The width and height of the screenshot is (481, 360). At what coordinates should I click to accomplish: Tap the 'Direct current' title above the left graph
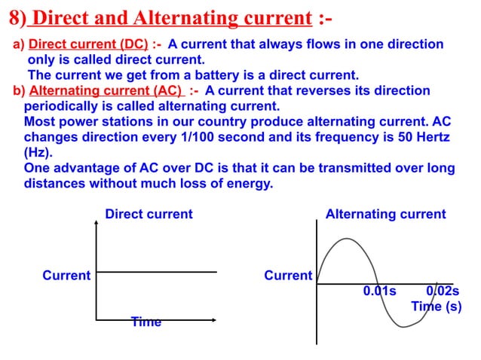coord(149,214)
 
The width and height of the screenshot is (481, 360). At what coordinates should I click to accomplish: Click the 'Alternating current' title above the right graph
coord(385,214)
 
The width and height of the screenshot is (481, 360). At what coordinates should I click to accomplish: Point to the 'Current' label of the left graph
coord(66,276)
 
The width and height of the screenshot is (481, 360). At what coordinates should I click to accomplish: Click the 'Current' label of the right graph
coord(288,276)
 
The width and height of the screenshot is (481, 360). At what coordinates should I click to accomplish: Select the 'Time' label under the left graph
coord(146,322)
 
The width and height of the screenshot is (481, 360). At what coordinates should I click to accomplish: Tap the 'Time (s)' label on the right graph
coord(435,307)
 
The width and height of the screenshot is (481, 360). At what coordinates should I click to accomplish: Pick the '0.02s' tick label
coord(443,291)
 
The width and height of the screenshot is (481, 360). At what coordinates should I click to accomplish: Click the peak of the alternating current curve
coord(345,239)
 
